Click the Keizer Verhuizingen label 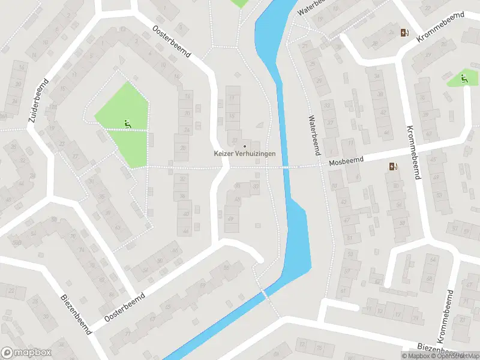point(245,154)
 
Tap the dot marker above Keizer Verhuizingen point(245,146)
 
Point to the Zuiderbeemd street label point(36,100)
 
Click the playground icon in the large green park point(127,124)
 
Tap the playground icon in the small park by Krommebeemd point(464,78)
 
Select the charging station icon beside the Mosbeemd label point(393,167)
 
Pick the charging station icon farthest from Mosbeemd point(405,33)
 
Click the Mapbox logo point(26,353)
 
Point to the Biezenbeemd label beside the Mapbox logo point(76,314)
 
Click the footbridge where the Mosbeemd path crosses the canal point(287,167)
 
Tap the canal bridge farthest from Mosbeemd point(265,293)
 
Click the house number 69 point(230,218)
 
